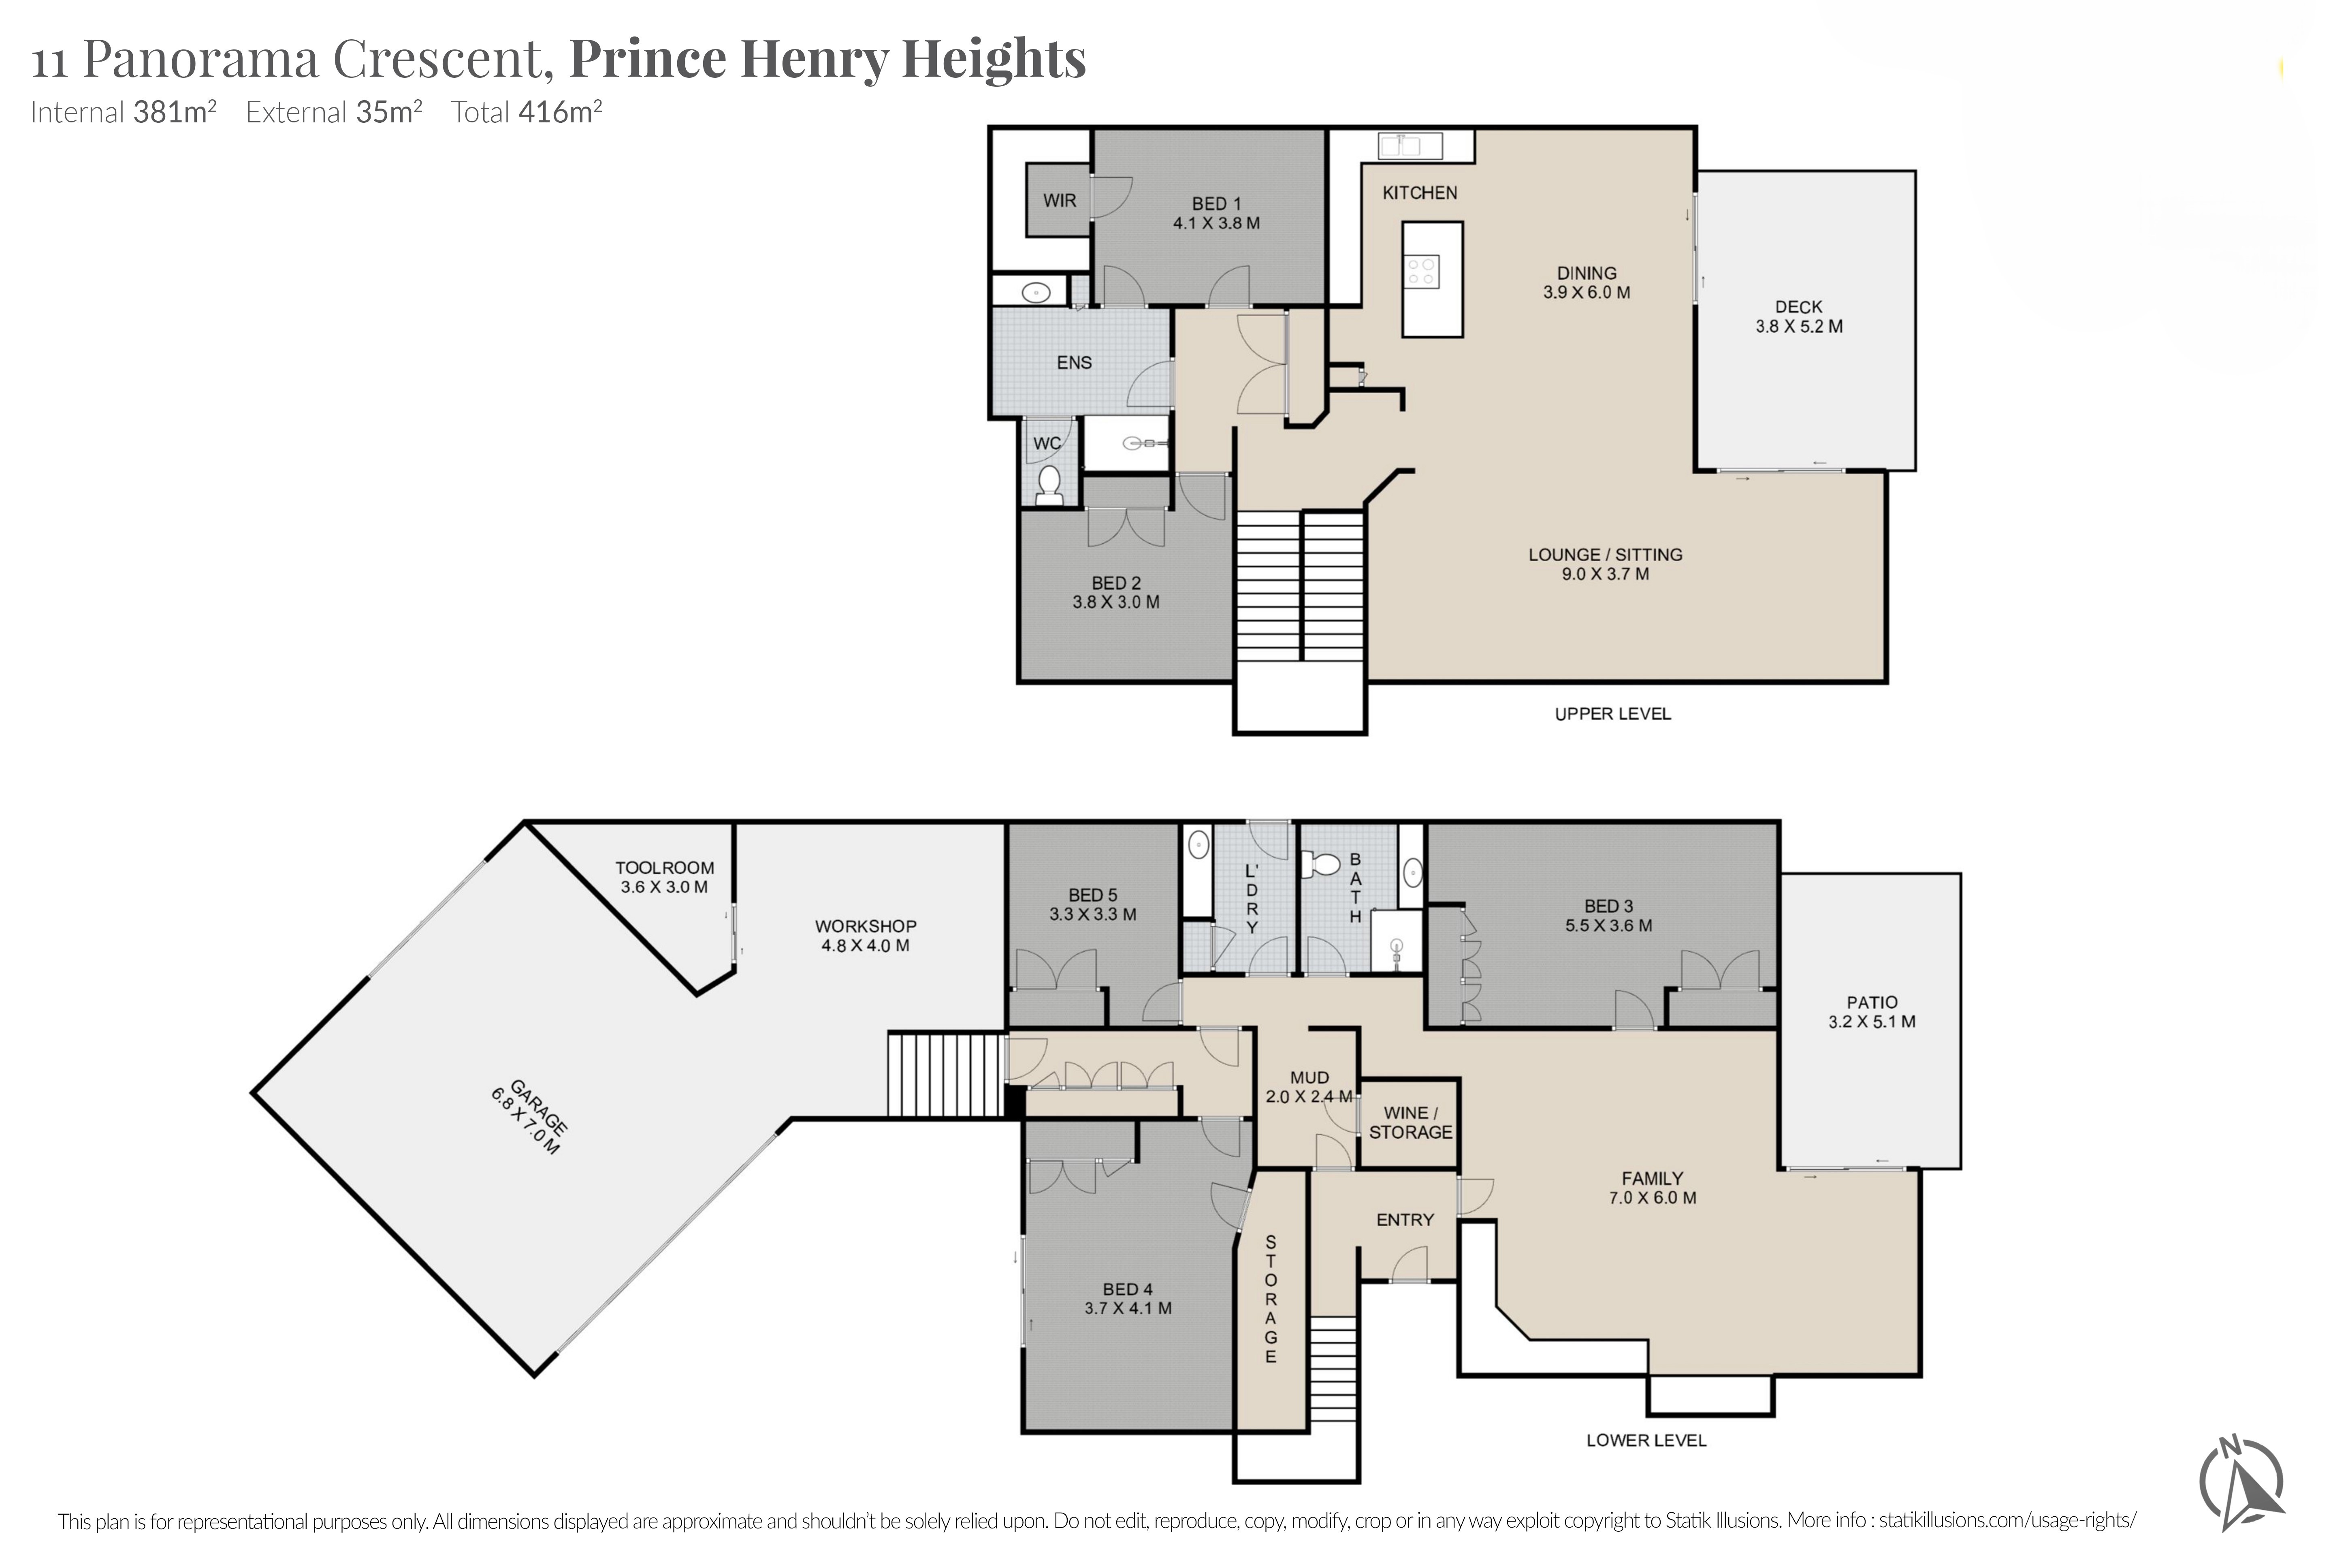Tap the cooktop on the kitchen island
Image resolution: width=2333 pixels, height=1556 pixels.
tap(1422, 271)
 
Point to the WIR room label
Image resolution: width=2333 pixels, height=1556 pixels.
tap(1060, 201)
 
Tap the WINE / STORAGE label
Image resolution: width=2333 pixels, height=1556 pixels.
tap(1410, 1122)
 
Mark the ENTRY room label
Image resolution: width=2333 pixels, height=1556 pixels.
tap(1405, 1220)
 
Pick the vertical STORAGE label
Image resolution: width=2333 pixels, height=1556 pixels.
tap(1271, 1299)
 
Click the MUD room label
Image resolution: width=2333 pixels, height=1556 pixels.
tap(1309, 1078)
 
